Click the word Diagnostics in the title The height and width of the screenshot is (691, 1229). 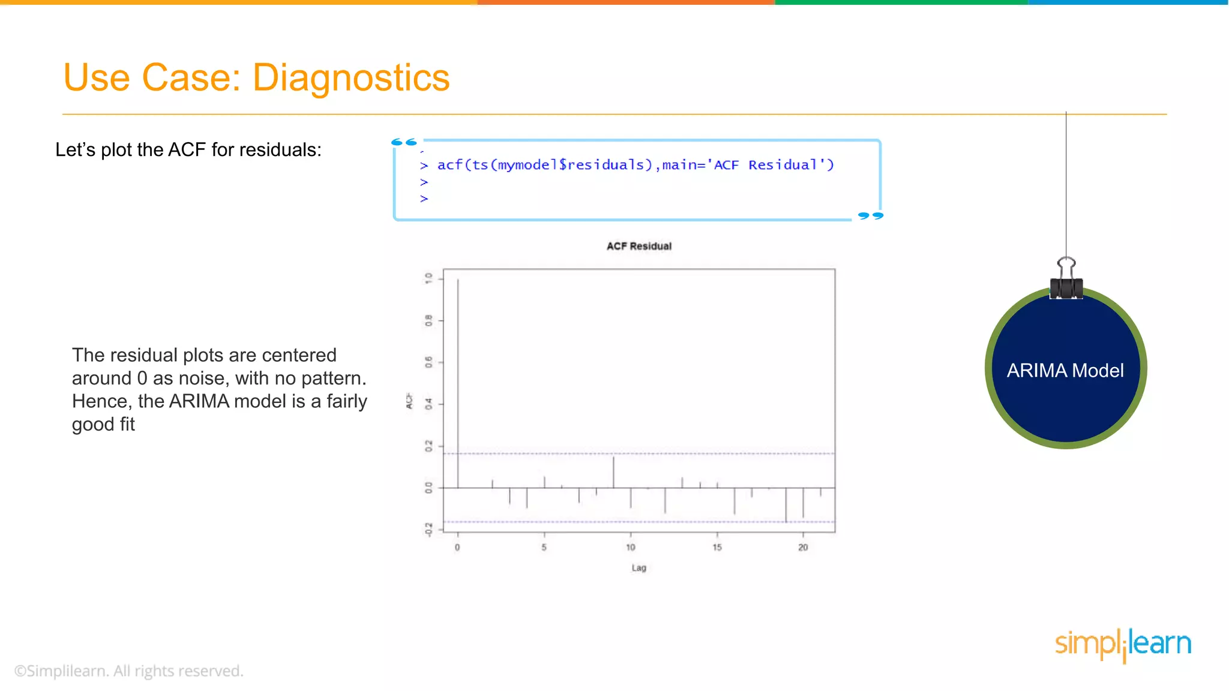350,78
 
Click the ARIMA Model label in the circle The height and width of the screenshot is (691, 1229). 1065,371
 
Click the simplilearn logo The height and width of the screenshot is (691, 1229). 1123,644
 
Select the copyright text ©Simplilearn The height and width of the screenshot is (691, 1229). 128,671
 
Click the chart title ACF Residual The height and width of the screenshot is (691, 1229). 639,246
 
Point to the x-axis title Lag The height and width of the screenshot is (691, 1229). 639,567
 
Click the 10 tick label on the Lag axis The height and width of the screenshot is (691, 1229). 630,547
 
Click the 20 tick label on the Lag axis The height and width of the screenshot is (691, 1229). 803,547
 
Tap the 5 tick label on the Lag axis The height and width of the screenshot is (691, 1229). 544,547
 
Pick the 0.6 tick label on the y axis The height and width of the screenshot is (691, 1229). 428,362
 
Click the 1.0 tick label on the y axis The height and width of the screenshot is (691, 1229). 428,278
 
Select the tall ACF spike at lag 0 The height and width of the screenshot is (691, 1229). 458,384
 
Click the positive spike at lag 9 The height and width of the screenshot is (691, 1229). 613,471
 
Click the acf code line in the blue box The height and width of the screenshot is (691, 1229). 635,165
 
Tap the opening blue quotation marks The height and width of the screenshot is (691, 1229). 404,142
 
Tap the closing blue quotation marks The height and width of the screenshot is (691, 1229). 871,215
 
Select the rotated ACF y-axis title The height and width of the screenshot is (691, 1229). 409,401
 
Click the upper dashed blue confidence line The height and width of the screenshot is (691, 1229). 720,453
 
